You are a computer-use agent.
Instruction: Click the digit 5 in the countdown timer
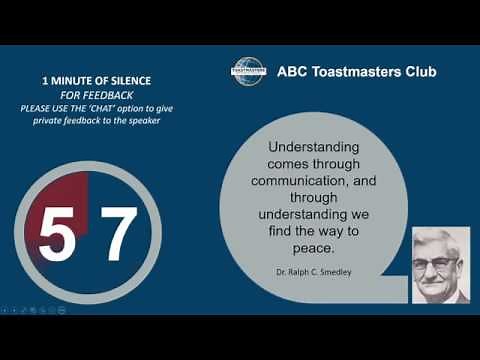coord(56,235)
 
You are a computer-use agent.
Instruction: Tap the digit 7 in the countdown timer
coord(117,235)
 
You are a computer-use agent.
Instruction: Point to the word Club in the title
coord(418,72)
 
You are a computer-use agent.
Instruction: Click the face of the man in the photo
coord(439,260)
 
